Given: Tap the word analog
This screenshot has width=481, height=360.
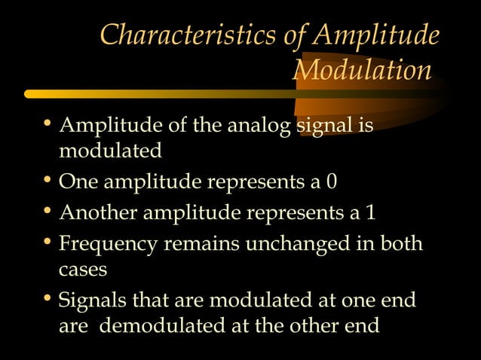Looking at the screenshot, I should tap(256, 126).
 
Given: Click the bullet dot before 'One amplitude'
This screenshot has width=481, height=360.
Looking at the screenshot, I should tap(47, 182).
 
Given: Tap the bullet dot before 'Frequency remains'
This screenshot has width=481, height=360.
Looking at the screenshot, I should tap(47, 243).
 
